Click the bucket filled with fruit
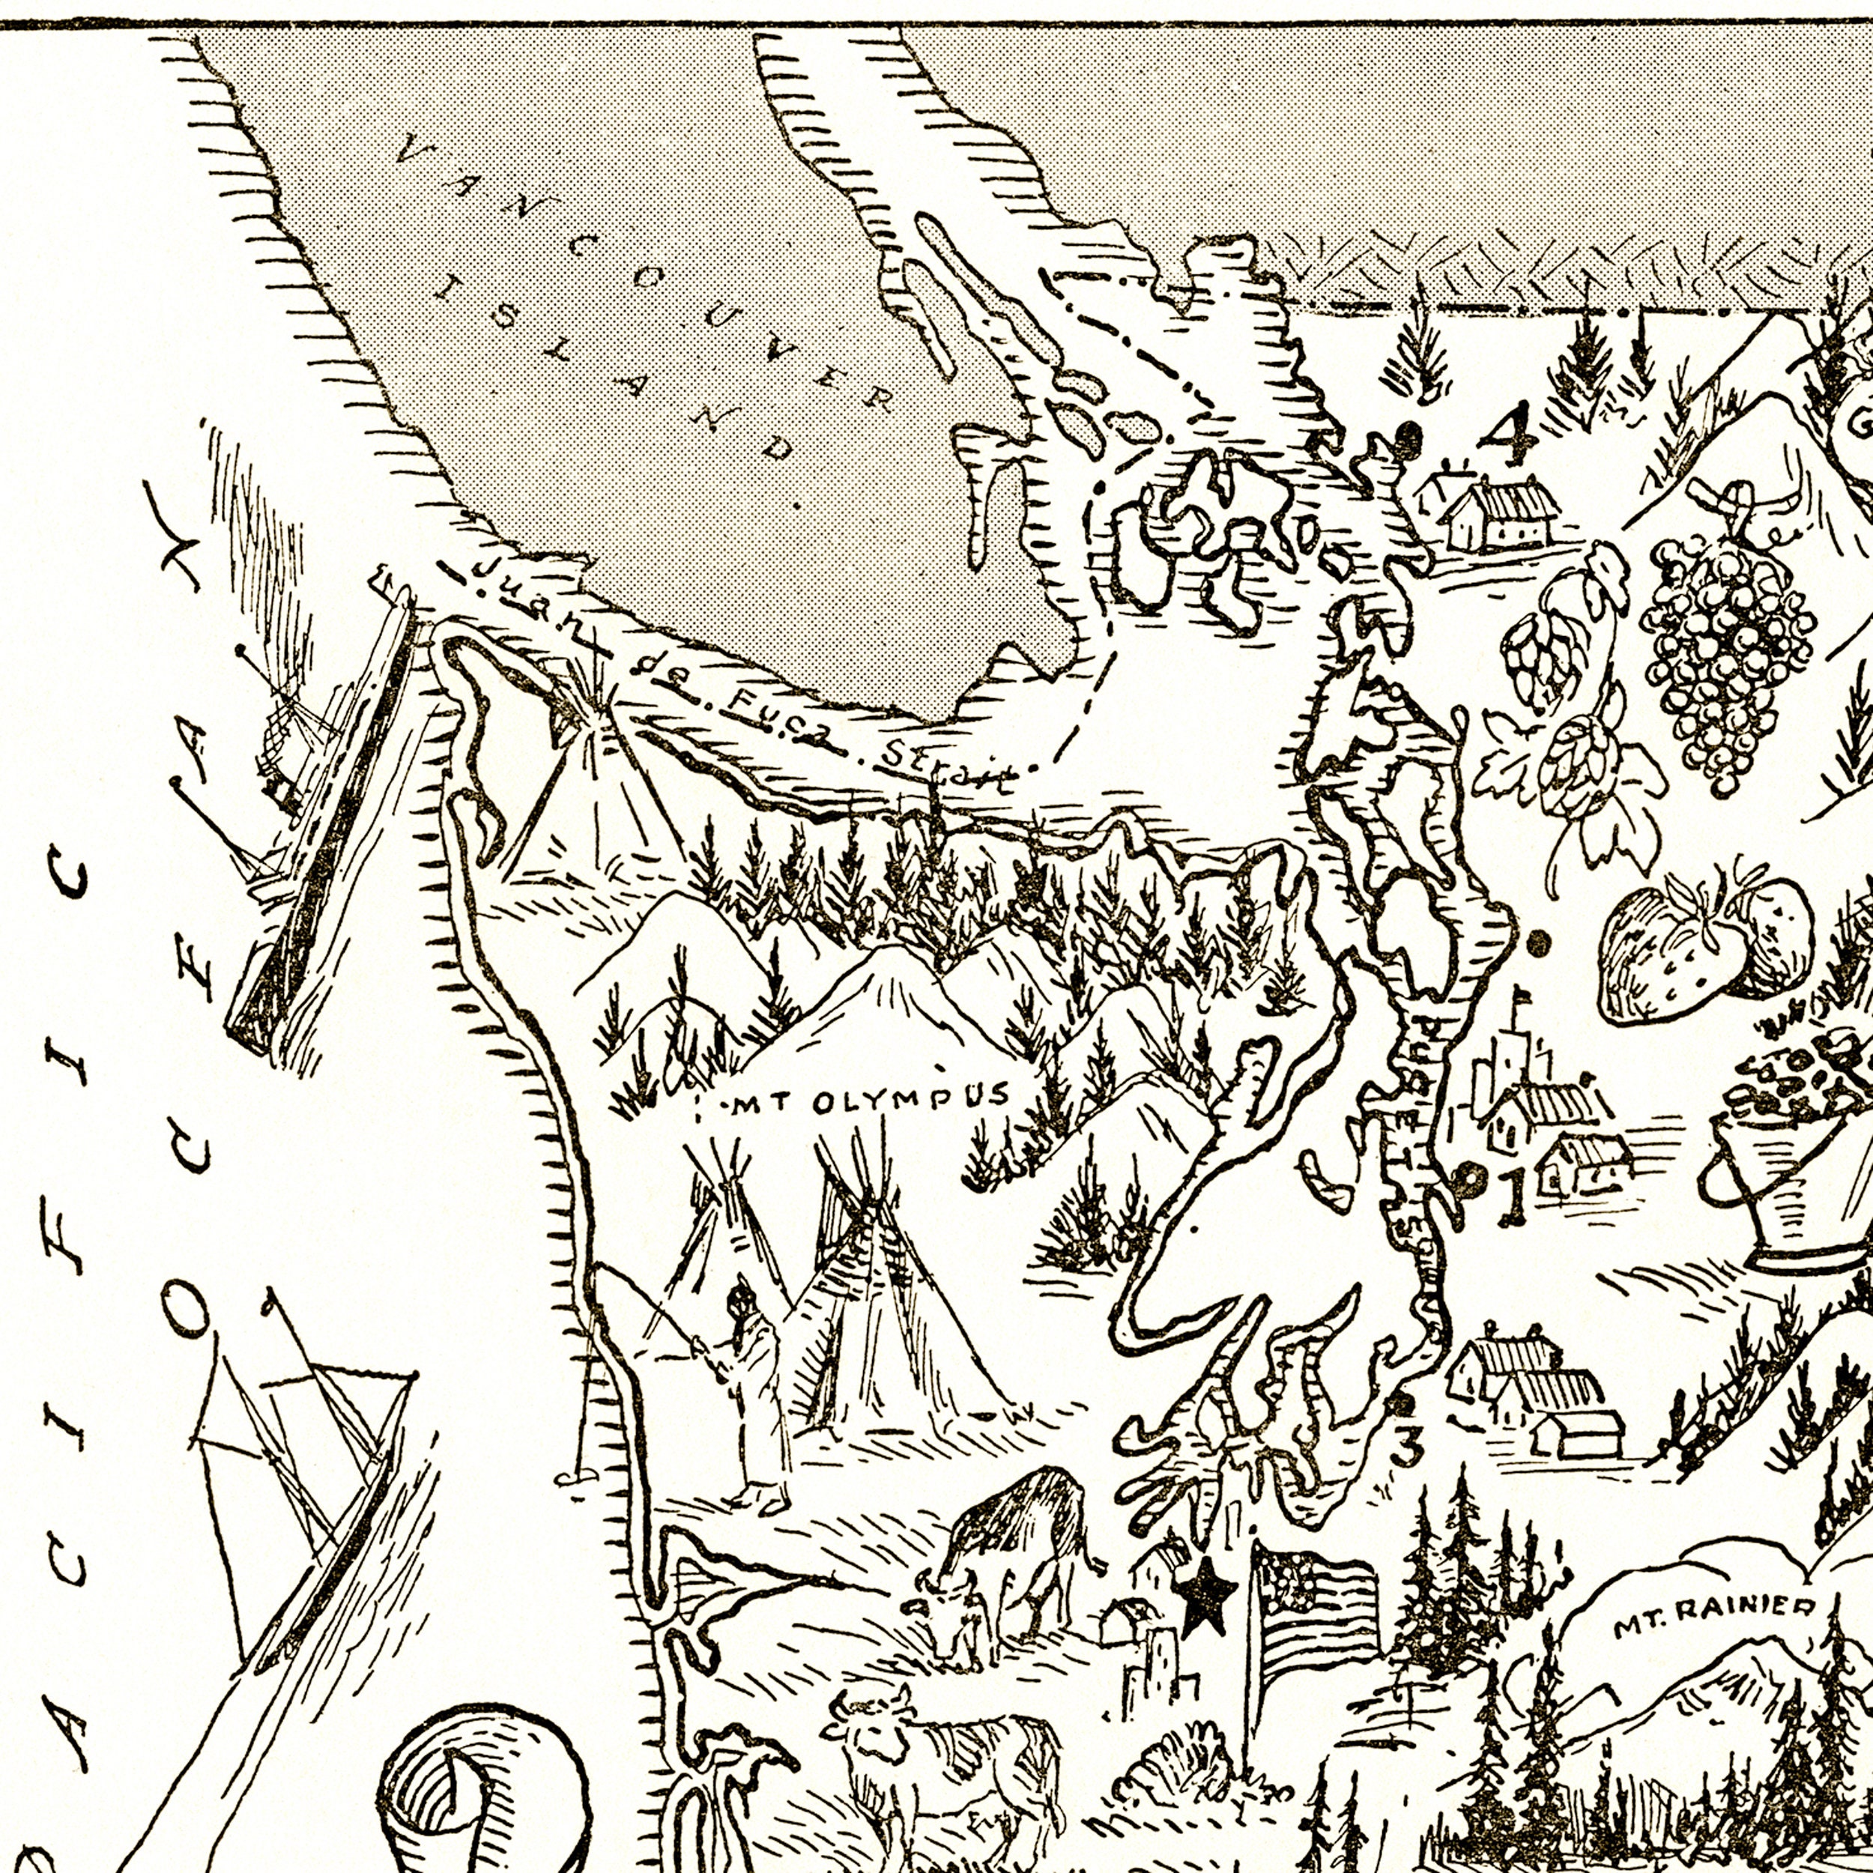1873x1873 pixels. click(x=1794, y=1154)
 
